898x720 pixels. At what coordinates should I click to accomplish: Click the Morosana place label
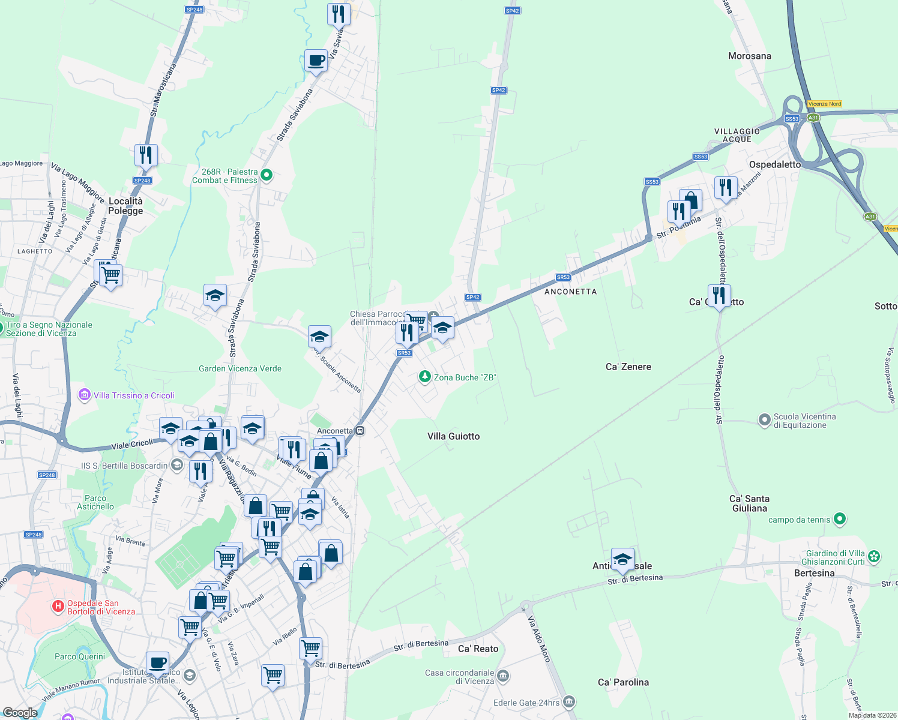coord(749,56)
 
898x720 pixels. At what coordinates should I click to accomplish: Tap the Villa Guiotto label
coord(453,436)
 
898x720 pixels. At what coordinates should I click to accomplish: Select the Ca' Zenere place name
coord(628,367)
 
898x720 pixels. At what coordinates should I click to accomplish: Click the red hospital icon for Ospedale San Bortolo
coord(58,607)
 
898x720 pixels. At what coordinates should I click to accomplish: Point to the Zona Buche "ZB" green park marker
coord(425,377)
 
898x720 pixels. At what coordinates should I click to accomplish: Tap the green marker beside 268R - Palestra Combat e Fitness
coord(267,175)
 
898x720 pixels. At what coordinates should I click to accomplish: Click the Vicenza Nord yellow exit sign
coord(825,104)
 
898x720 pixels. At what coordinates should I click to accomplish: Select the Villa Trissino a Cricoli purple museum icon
coord(85,395)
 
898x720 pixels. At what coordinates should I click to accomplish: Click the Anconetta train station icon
coord(360,430)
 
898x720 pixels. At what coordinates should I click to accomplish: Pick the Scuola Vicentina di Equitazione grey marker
coord(764,420)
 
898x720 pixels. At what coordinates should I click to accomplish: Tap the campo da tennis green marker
coord(840,519)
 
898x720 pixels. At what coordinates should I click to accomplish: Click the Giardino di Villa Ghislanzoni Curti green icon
coord(874,557)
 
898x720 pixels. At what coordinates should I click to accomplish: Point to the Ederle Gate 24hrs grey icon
coord(569,701)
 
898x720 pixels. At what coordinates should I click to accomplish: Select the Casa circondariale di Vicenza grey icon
coord(503,676)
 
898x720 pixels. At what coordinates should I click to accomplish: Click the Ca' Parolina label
coord(623,682)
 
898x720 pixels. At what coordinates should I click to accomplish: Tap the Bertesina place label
coord(814,573)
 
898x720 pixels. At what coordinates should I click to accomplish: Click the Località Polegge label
coord(125,206)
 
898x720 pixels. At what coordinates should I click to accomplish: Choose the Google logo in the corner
coord(20,713)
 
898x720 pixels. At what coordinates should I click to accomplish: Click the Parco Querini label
coord(80,656)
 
